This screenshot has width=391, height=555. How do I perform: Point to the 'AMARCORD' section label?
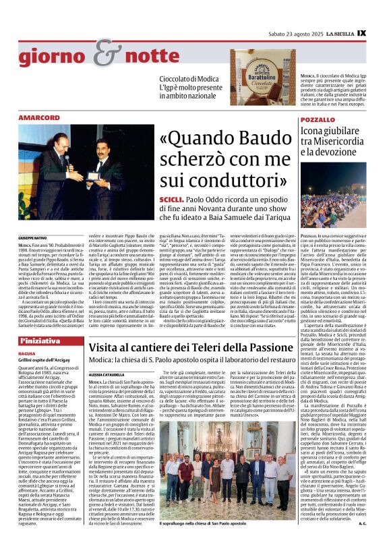click(x=39, y=118)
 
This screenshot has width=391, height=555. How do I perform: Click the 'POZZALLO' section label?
click(x=317, y=119)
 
